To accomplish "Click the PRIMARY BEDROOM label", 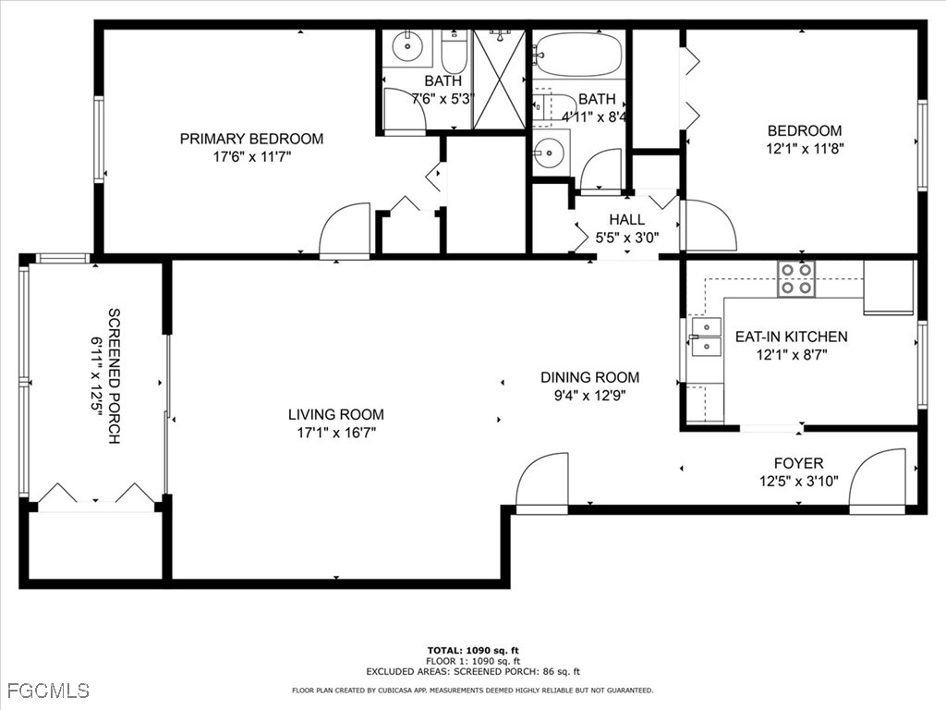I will tap(251, 139).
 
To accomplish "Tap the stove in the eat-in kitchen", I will tap(796, 278).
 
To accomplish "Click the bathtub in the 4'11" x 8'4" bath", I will tap(579, 55).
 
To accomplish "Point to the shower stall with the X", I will tap(499, 79).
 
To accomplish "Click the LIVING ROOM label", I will tap(335, 414).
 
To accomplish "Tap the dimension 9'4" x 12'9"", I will tap(589, 395).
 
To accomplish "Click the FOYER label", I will tap(798, 462).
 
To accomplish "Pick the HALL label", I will tap(626, 220).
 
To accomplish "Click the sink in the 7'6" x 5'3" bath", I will tap(406, 44).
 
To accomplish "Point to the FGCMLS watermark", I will tap(48, 690).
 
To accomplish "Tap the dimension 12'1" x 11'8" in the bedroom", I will tap(805, 147).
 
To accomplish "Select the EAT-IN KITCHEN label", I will tap(791, 337).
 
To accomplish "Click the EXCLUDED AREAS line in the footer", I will tap(472, 672).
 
